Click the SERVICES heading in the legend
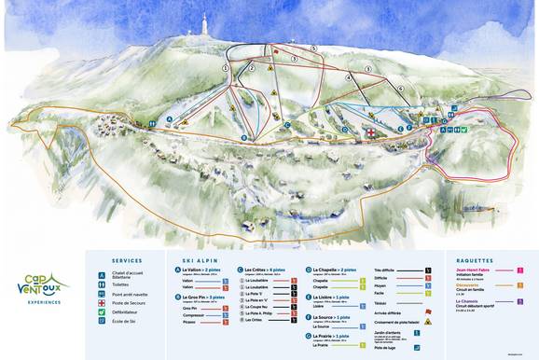[127, 260]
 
